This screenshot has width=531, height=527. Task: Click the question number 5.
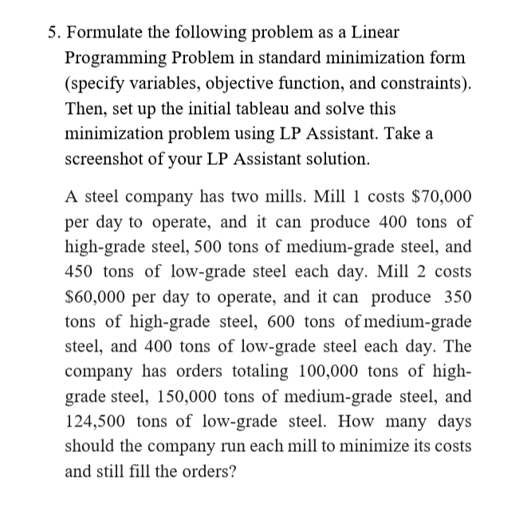[x=51, y=33]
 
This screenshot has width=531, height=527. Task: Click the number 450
[x=80, y=272]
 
